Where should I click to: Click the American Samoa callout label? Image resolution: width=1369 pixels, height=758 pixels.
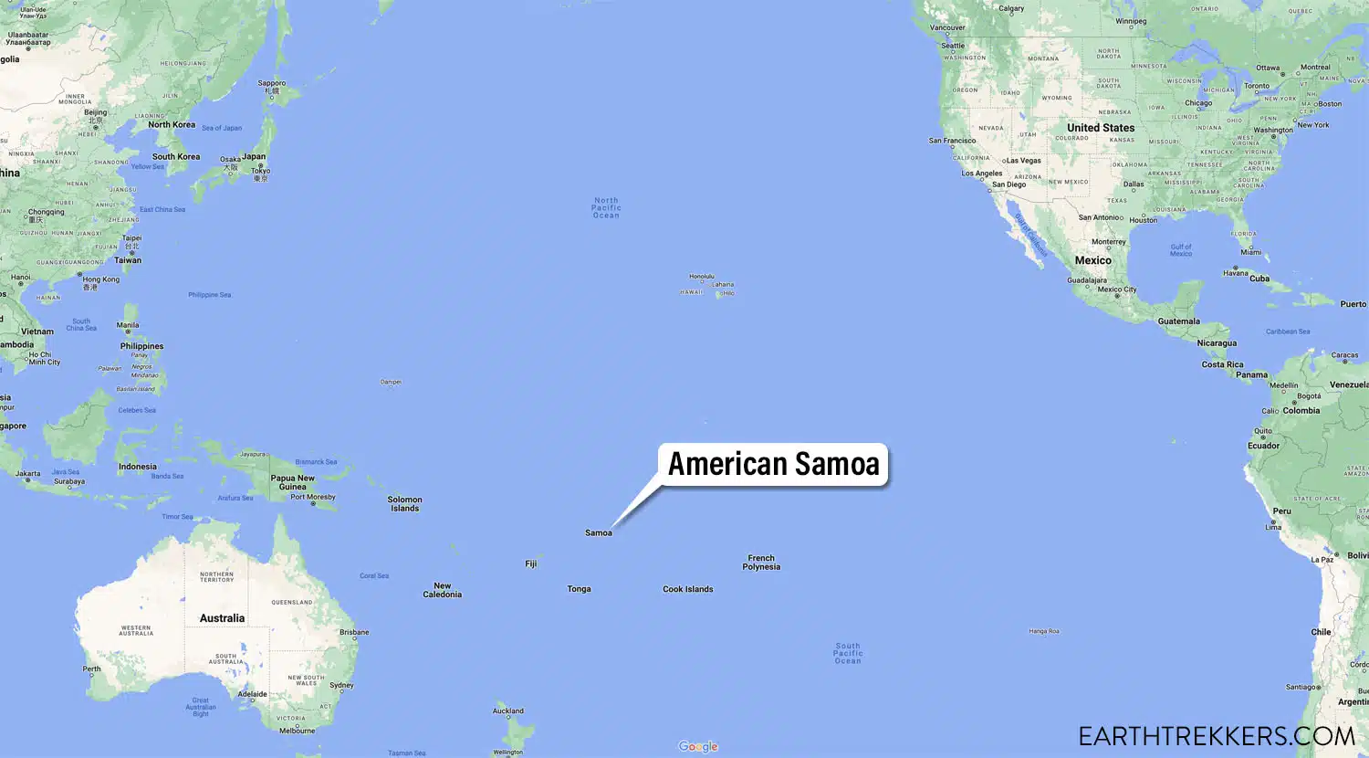(x=773, y=464)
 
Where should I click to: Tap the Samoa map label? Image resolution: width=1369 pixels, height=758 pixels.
(x=599, y=533)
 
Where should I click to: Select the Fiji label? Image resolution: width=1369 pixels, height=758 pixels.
(x=531, y=564)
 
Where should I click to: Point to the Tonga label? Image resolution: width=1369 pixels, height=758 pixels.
(x=579, y=589)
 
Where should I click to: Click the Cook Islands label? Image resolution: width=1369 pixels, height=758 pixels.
(x=687, y=589)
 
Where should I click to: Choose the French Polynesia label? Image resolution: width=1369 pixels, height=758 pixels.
(x=761, y=563)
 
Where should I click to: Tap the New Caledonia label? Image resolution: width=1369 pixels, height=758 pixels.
(x=442, y=590)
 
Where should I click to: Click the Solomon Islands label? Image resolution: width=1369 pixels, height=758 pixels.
(x=404, y=504)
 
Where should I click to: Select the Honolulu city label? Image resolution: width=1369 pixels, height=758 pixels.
(x=702, y=277)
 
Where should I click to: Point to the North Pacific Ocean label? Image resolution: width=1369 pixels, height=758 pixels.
(x=606, y=207)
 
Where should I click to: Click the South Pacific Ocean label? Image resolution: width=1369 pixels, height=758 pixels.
(x=848, y=653)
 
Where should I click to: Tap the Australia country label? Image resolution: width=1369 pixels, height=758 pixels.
(x=222, y=618)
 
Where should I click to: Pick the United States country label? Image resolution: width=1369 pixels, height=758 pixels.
(x=1101, y=128)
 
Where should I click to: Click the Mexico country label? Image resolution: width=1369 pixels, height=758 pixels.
(x=1092, y=260)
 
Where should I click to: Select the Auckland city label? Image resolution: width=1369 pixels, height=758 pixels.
(x=508, y=711)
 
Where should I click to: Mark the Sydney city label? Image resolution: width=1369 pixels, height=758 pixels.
(x=341, y=685)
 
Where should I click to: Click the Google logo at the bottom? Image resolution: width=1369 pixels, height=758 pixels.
(x=698, y=747)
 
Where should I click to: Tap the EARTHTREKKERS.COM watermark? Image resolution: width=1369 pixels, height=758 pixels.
(x=1216, y=736)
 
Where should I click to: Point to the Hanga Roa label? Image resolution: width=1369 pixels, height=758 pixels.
(x=1044, y=631)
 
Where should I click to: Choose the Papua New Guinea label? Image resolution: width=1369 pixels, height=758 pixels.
(x=292, y=482)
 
